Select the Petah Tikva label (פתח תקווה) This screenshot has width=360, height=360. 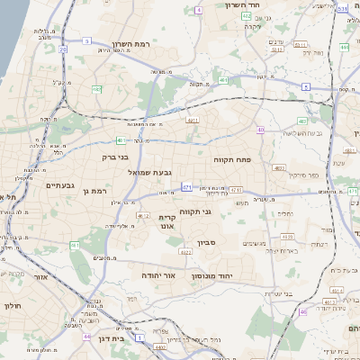pyautogui.click(x=231, y=159)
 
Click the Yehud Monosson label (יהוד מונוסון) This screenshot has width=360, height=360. pyautogui.click(x=212, y=276)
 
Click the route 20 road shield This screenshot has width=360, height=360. pyautogui.click(x=63, y=51)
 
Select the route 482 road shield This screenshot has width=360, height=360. pyautogui.click(x=96, y=89)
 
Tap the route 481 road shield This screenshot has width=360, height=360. pyautogui.click(x=119, y=140)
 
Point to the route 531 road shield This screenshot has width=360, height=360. pyautogui.click(x=343, y=8)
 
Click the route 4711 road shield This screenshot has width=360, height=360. pyautogui.click(x=235, y=190)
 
